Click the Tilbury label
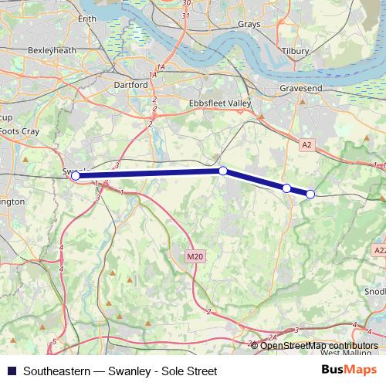point(295,51)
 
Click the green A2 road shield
point(306,144)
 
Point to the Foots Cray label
point(20,131)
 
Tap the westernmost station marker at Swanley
point(75,176)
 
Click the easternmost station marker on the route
point(310,194)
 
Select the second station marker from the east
point(286,188)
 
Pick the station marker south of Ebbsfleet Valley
point(222,171)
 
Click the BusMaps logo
point(350,371)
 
